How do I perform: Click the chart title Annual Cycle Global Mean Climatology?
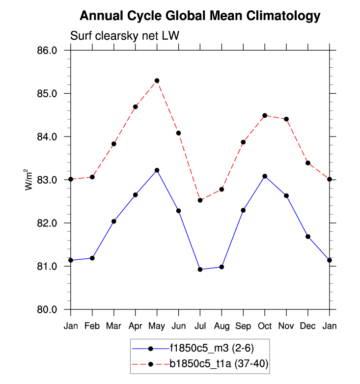click(199, 16)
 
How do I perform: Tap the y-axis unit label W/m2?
click(30, 179)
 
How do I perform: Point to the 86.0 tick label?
click(47, 51)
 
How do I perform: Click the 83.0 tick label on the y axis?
click(47, 180)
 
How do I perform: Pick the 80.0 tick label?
click(47, 310)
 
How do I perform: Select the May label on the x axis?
click(157, 326)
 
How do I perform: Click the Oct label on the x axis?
click(265, 326)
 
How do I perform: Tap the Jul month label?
click(200, 326)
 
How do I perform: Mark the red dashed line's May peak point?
click(157, 81)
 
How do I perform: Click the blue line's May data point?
click(157, 170)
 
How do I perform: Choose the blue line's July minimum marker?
click(200, 270)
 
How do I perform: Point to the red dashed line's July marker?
click(200, 200)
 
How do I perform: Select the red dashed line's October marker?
click(265, 115)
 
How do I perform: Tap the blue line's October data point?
click(265, 176)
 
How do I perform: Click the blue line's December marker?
click(308, 237)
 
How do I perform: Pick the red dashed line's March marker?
click(113, 144)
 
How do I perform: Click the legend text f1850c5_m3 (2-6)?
click(212, 348)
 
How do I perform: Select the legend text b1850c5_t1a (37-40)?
click(219, 363)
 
